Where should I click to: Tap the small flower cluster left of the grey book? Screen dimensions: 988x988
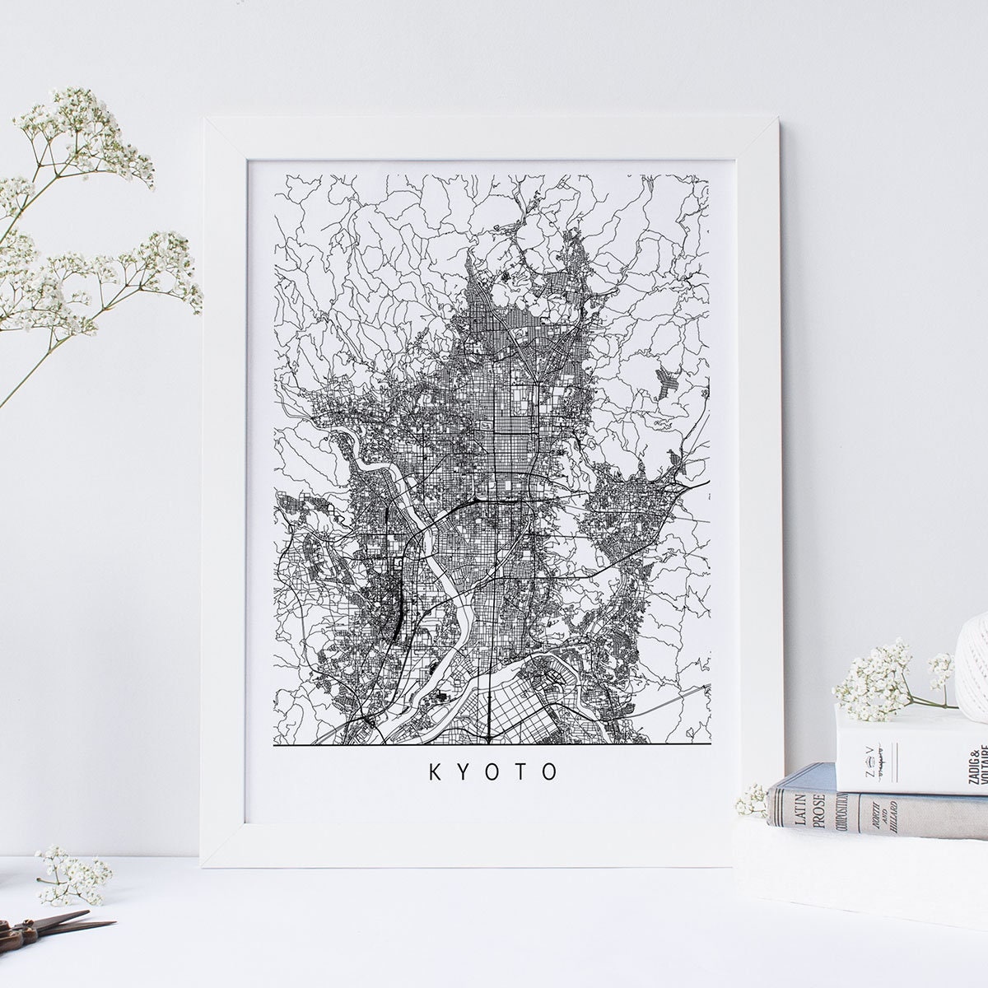(x=752, y=799)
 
